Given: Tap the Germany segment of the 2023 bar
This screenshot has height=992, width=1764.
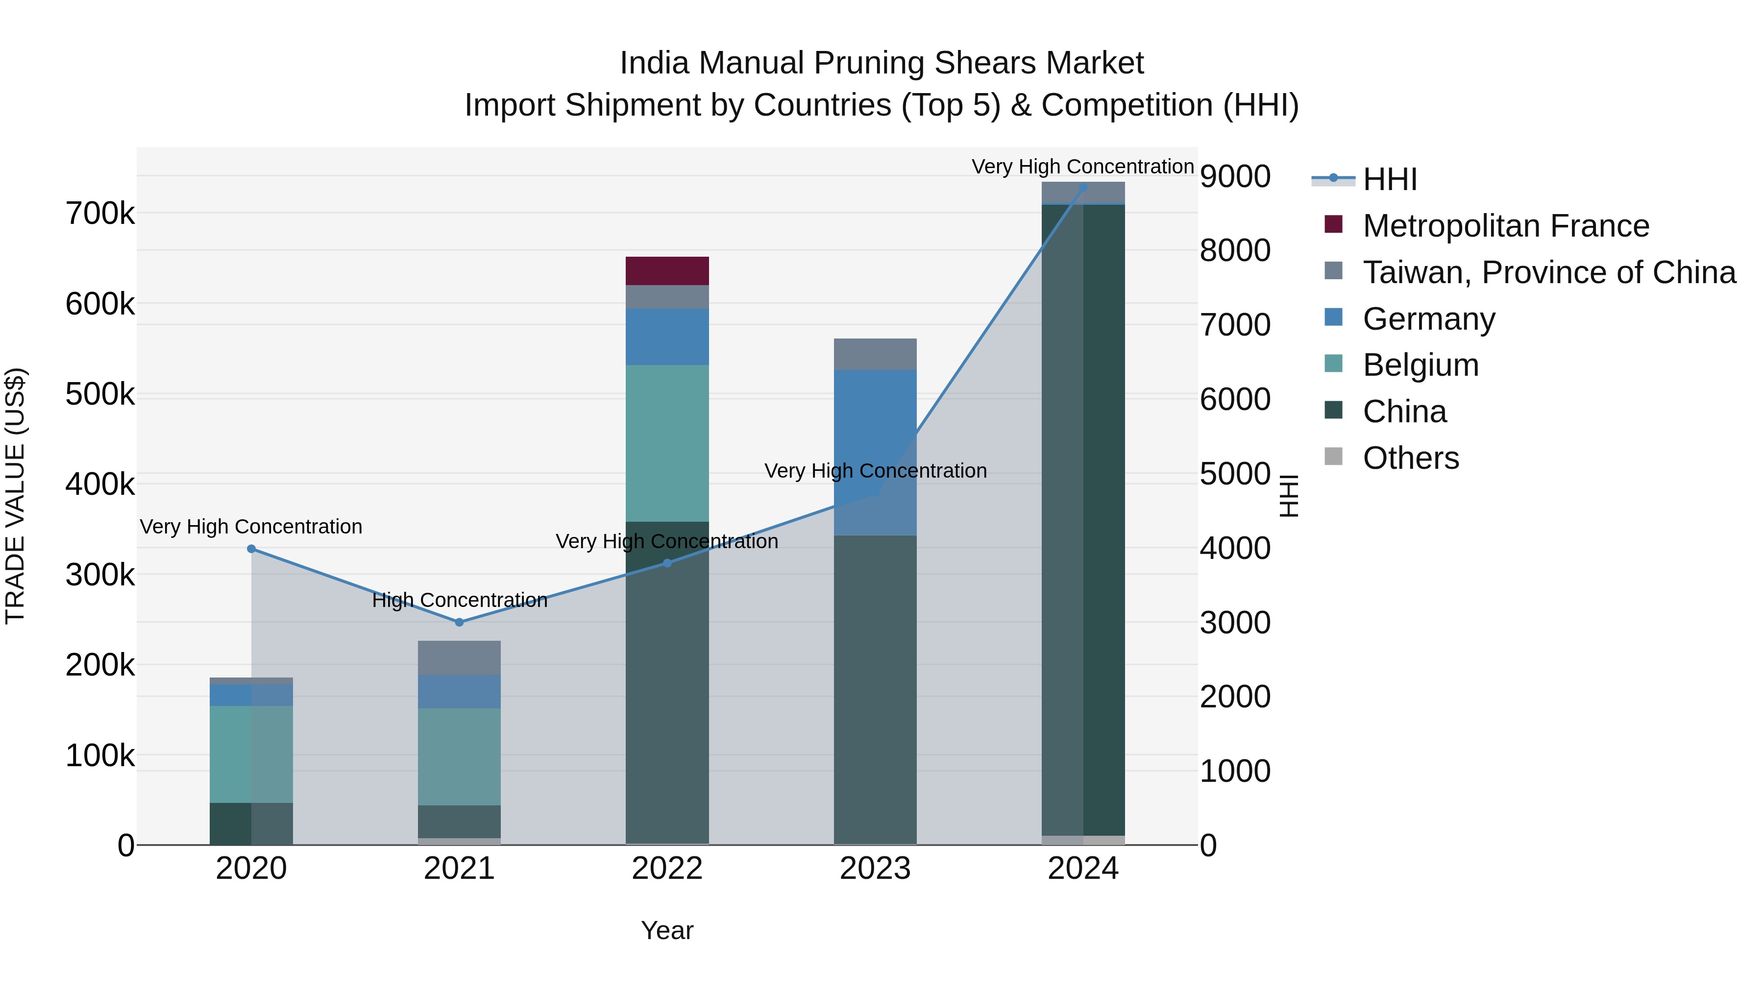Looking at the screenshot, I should pos(875,452).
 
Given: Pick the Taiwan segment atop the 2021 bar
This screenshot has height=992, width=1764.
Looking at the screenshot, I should pos(460,658).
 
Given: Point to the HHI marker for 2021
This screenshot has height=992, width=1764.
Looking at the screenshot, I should pos(460,622).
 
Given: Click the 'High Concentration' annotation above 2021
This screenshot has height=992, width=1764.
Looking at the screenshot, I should pos(460,601).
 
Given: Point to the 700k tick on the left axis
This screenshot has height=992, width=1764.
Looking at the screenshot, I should pos(100,214).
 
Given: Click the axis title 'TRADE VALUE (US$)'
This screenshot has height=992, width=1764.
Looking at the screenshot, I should pos(15,496).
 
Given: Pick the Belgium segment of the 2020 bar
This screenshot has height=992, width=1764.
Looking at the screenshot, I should pos(251,754).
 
